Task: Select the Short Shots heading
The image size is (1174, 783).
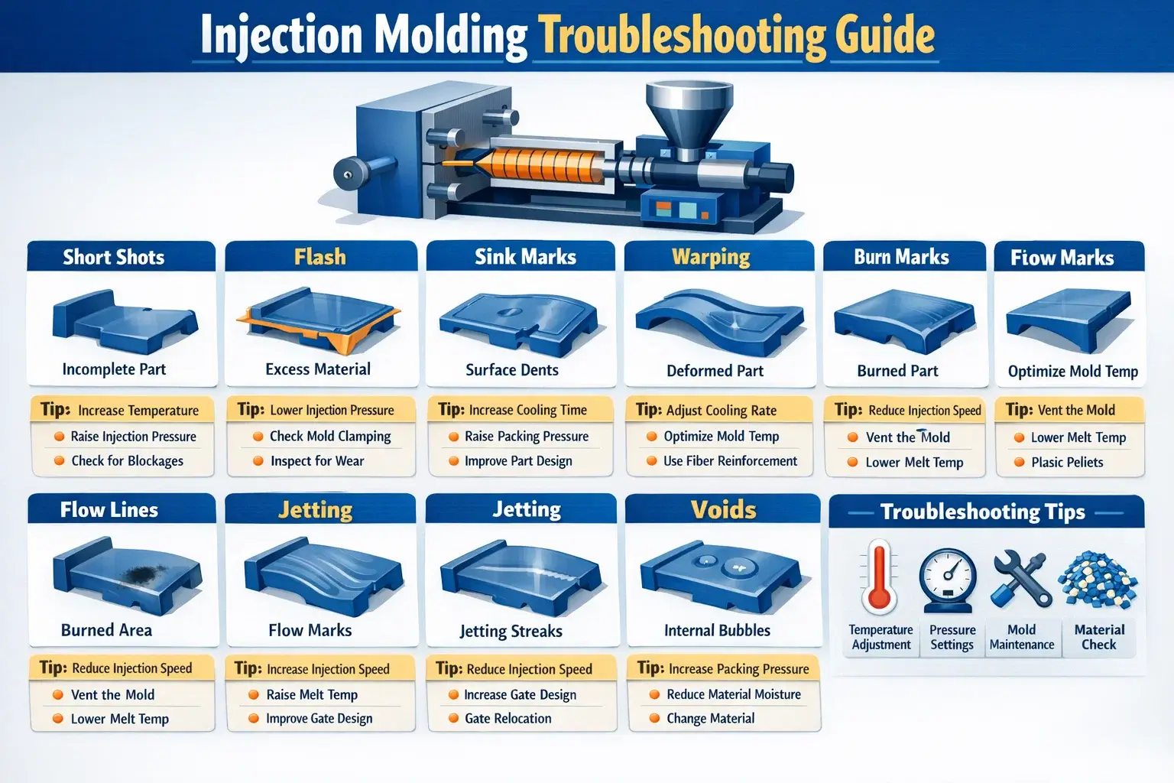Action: click(113, 257)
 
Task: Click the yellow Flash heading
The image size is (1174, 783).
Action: click(319, 257)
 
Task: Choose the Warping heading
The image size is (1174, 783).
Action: click(711, 258)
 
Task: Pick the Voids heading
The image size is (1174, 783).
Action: click(723, 509)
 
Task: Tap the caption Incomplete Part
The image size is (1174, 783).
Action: click(114, 369)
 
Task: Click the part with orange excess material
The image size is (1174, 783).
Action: click(319, 319)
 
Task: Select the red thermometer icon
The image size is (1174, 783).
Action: click(879, 577)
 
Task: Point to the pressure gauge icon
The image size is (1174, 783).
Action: click(948, 580)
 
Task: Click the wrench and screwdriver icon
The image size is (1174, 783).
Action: click(1021, 579)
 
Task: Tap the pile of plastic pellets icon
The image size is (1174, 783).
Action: click(1098, 579)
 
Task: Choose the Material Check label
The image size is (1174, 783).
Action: click(1099, 637)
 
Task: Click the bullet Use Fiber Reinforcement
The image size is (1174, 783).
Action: click(730, 461)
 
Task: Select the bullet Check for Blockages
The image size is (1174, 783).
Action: click(128, 461)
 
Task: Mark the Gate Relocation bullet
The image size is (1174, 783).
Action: click(508, 718)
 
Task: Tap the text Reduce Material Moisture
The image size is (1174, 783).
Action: click(734, 694)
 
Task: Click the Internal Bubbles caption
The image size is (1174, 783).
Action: click(717, 630)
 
